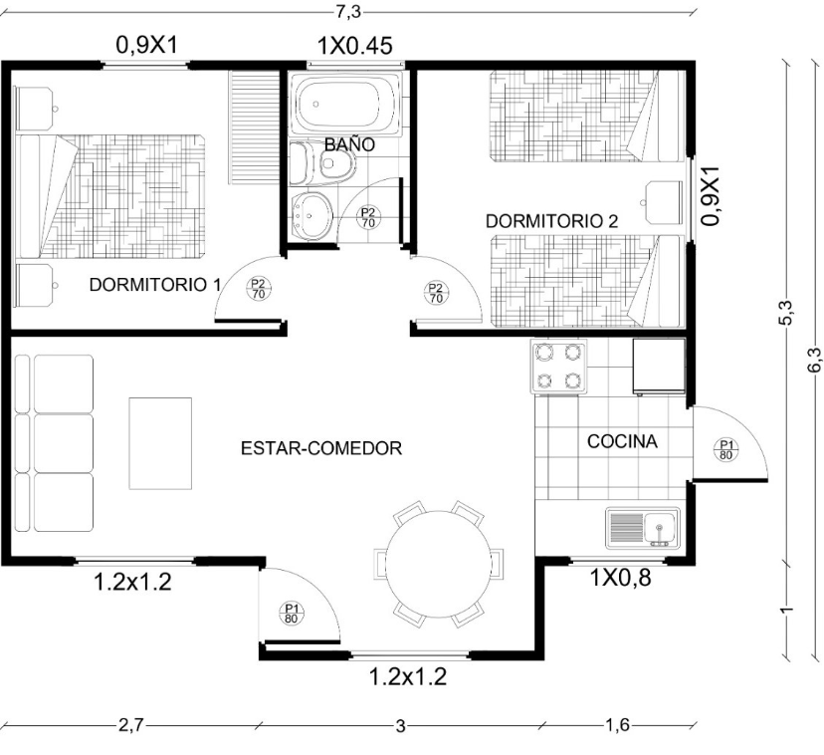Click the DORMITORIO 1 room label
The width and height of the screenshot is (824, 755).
coord(155,285)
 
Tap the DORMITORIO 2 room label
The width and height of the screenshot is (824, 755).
coord(551,221)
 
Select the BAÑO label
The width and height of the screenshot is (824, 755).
coord(349,144)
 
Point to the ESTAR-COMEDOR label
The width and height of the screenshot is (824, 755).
coord(321,448)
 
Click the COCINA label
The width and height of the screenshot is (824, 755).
coord(622,441)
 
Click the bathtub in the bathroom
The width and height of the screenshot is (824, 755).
coord(341,104)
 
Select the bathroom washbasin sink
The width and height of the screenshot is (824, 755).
coord(310,215)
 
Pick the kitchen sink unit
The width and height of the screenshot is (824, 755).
coord(642,528)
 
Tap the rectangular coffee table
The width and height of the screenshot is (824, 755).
coord(160,443)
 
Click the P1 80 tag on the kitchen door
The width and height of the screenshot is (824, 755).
coord(725,449)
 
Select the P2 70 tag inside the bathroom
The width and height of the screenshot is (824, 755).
coord(368,217)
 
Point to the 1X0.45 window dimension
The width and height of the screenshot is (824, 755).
coord(354,46)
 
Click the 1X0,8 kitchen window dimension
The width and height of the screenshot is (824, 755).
coord(621,578)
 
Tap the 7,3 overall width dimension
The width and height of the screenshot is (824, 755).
coord(348,12)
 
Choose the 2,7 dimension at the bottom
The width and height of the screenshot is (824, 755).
coord(129,725)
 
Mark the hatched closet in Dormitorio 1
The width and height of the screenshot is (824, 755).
coord(254,127)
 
